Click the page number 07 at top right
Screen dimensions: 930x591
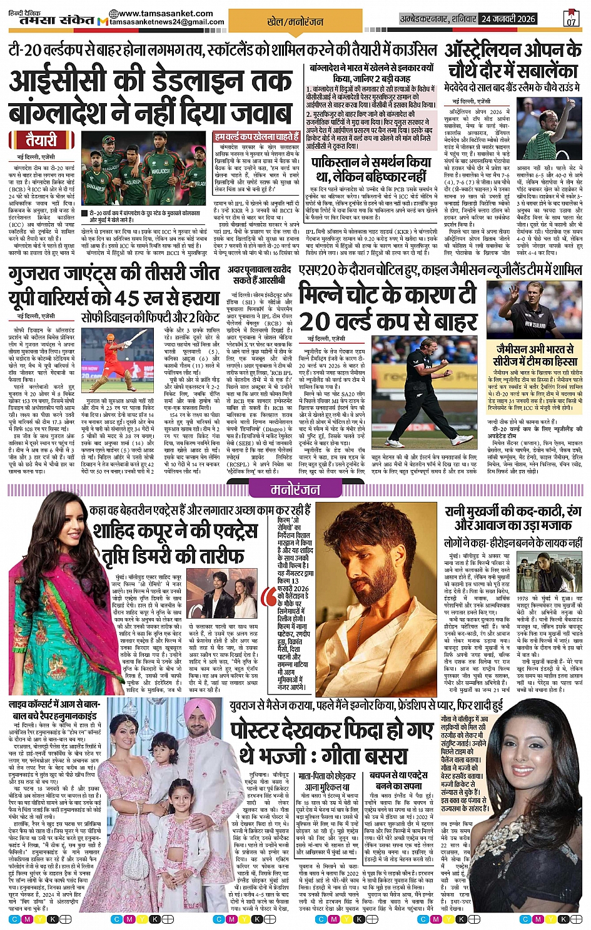pos(571,19)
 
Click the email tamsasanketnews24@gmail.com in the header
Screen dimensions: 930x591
pos(166,22)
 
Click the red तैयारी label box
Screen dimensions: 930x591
pos(41,139)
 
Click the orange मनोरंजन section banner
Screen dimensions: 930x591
pos(295,490)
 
